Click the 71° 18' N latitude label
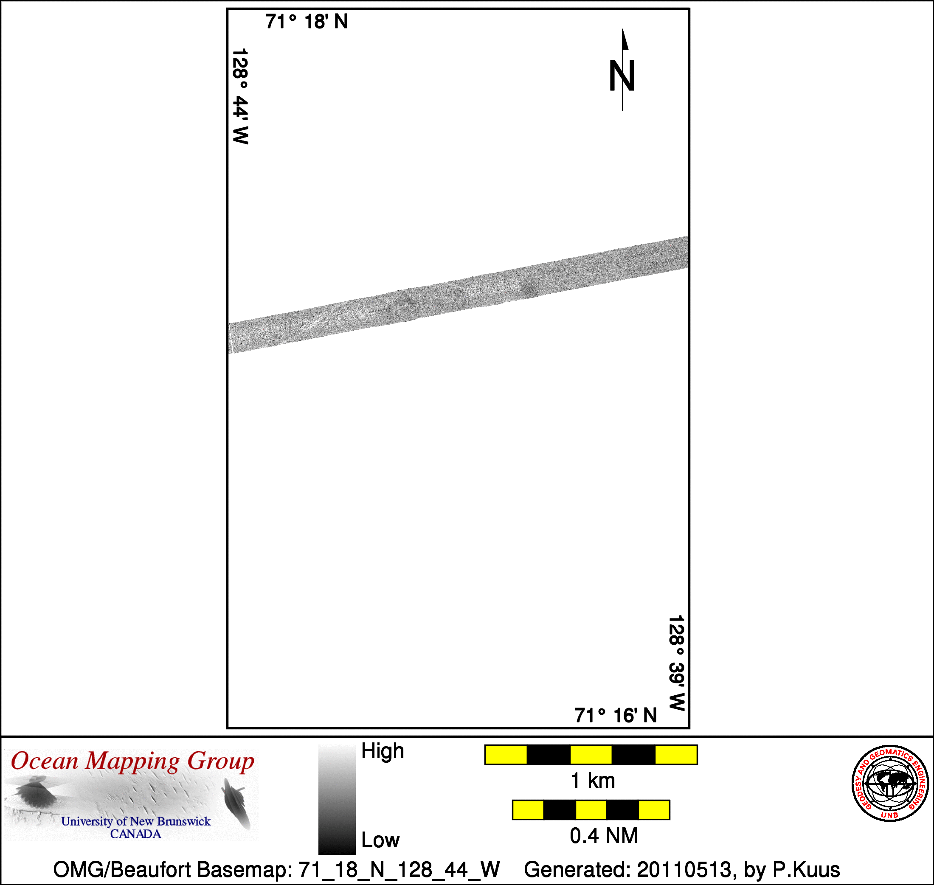point(307,22)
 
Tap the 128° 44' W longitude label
point(240,96)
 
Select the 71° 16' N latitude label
point(616,716)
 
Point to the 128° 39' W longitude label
point(676,663)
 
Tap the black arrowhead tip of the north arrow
point(622,29)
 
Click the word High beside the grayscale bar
point(383,750)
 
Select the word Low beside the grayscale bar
point(380,840)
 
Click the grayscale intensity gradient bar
point(337,799)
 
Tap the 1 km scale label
point(593,781)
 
